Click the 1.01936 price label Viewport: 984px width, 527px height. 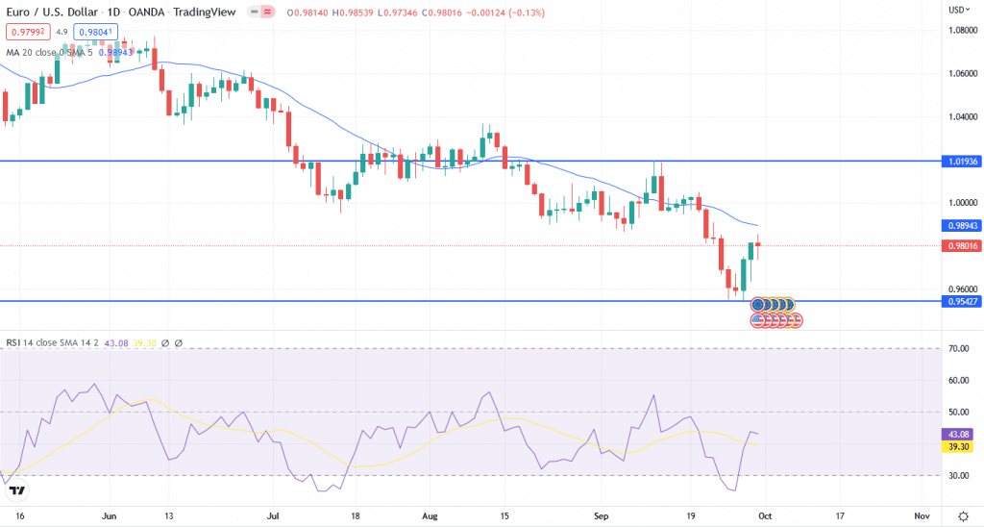(x=961, y=162)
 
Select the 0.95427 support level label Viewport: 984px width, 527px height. (x=961, y=301)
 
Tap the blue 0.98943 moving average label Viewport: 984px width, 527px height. (x=961, y=225)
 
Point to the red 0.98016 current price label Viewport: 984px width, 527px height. (x=961, y=245)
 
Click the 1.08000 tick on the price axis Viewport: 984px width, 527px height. (x=961, y=31)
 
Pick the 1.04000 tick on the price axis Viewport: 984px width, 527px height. (x=961, y=117)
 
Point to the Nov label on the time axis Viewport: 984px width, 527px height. (x=922, y=515)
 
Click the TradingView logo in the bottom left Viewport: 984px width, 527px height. (x=16, y=492)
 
